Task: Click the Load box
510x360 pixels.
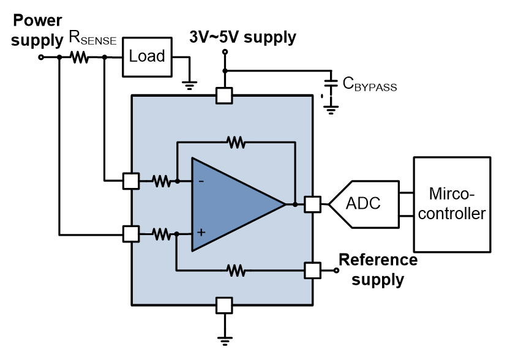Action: click(147, 56)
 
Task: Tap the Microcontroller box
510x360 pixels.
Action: click(452, 204)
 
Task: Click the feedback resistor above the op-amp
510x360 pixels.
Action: click(235, 142)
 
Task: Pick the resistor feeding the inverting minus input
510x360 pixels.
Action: click(161, 181)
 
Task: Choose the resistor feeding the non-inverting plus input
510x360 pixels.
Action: click(161, 233)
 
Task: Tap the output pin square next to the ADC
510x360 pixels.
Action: click(312, 204)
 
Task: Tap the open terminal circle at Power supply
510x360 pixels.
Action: click(41, 58)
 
